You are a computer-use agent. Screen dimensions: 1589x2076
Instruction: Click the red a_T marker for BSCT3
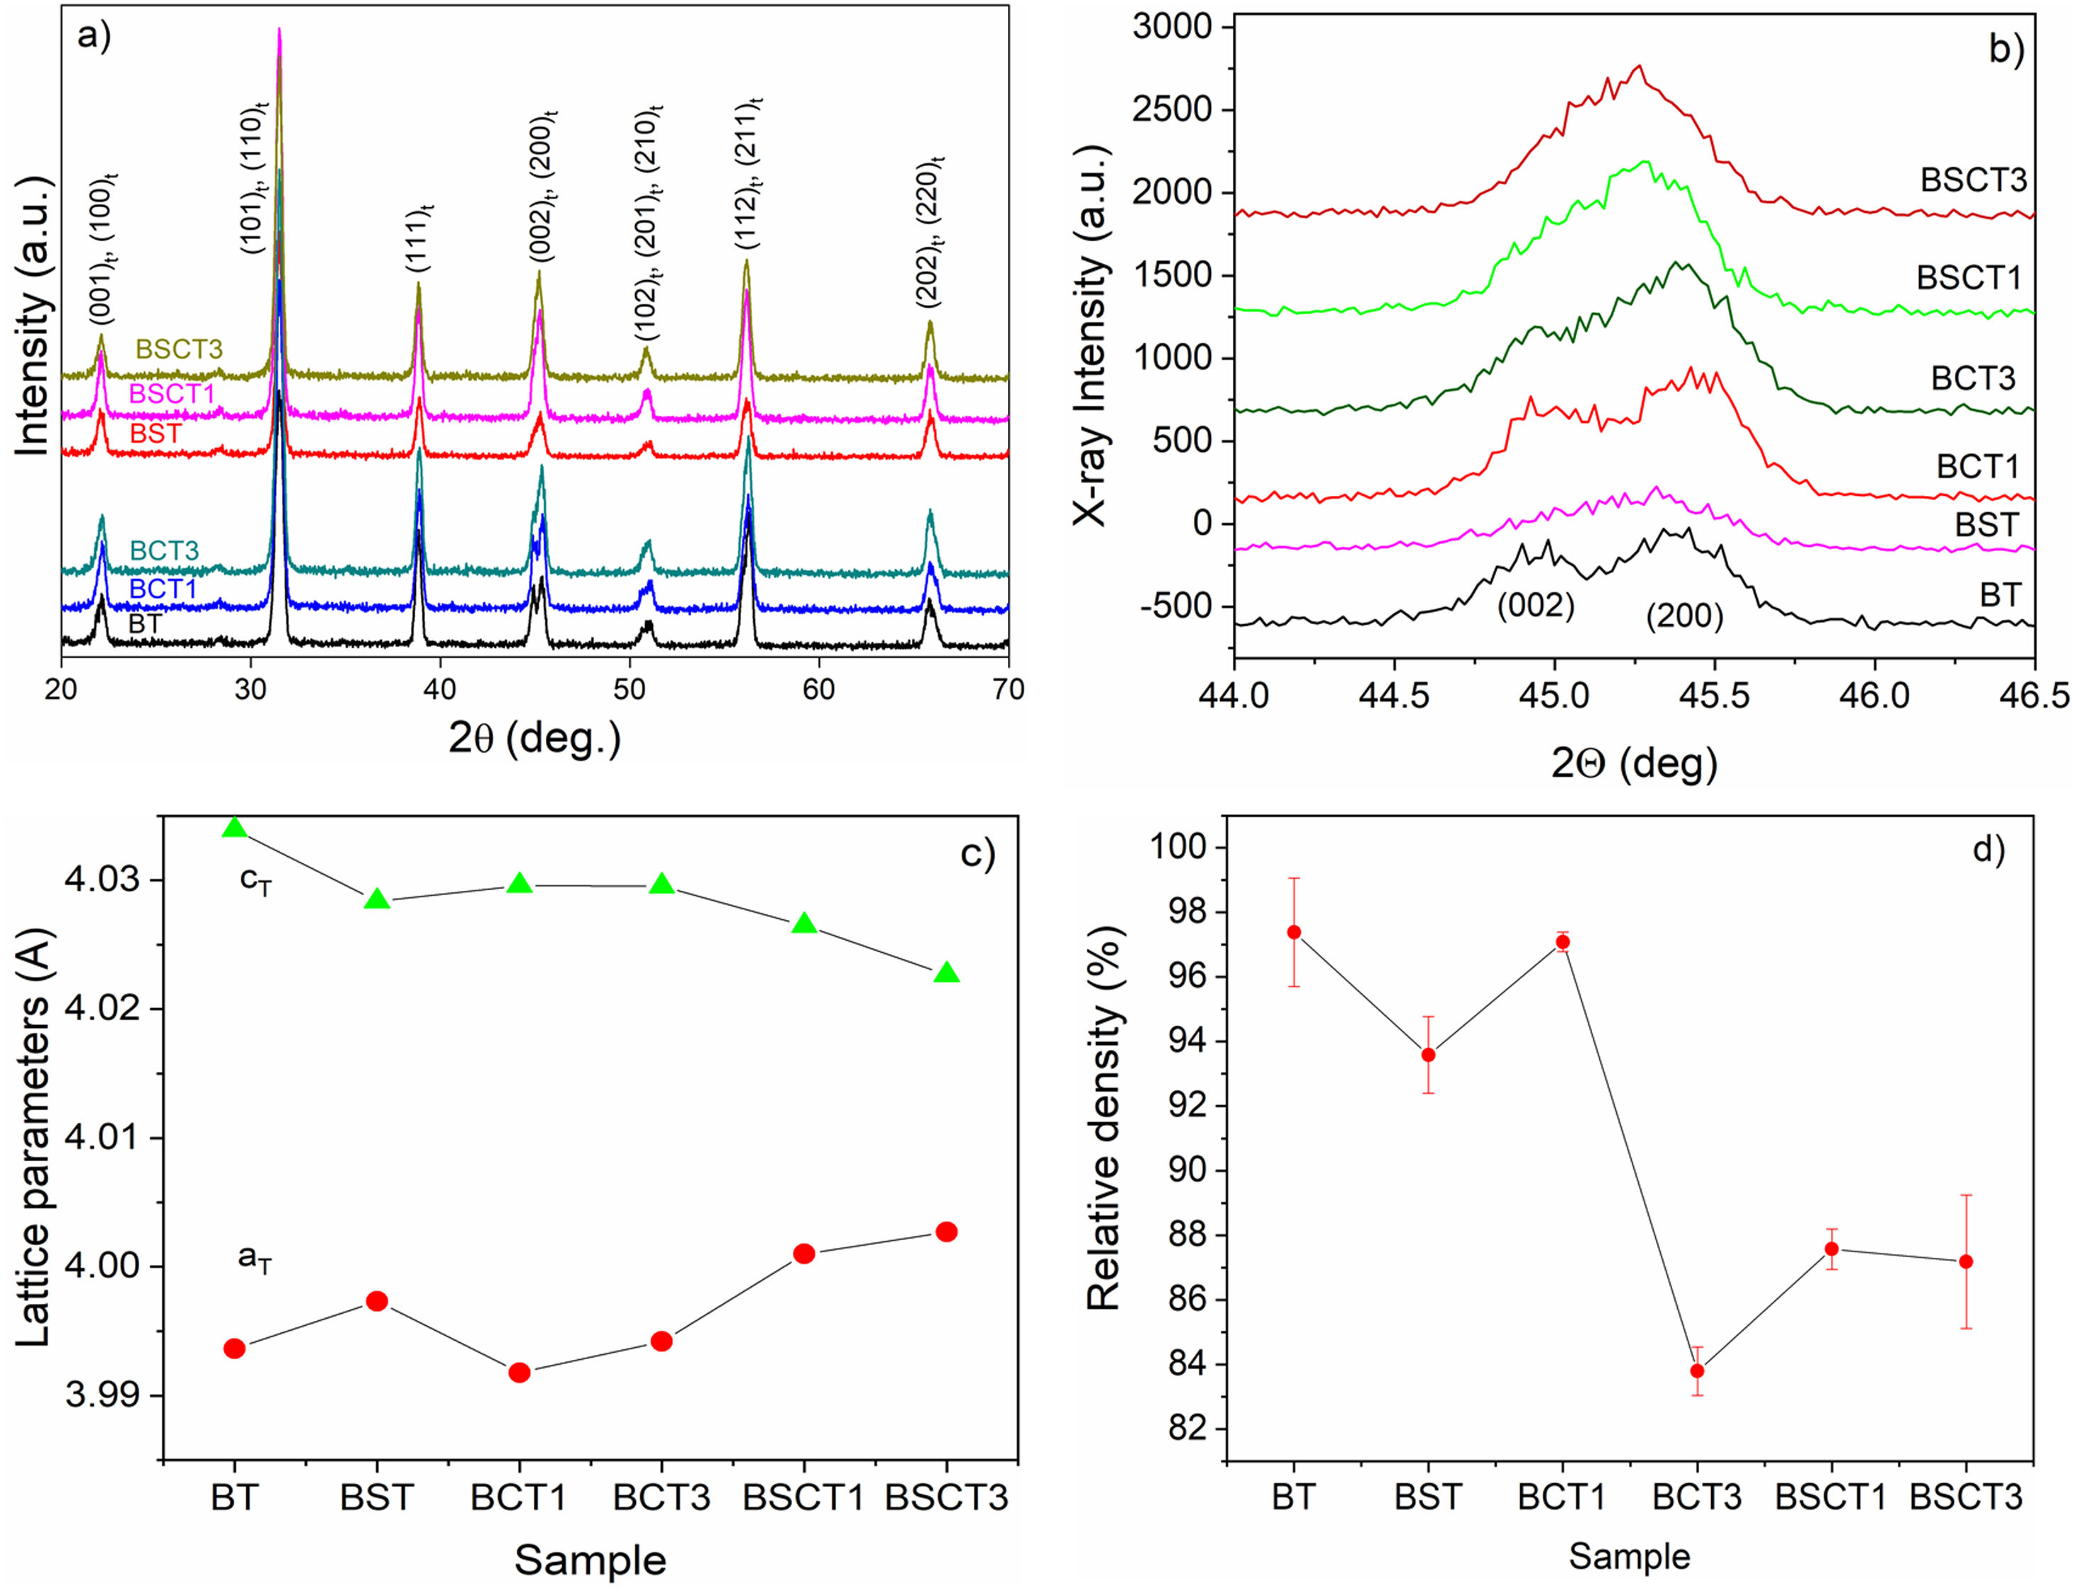pos(945,1231)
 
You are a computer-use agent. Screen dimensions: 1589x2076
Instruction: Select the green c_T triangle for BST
pos(377,899)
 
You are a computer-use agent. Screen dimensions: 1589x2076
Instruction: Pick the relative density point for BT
pos(1293,931)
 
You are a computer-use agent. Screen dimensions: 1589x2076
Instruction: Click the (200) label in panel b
pos(1684,616)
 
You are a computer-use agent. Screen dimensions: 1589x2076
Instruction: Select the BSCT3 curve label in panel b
pos(1973,179)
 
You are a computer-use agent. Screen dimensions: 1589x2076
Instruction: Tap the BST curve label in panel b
pos(1986,524)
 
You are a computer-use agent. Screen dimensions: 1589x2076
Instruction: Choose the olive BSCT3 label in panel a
pos(179,349)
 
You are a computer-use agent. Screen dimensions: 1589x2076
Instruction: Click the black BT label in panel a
pos(144,624)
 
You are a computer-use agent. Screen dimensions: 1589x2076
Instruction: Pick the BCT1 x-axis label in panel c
pos(520,1497)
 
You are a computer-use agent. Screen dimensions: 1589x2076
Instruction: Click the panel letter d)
pos(1988,851)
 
